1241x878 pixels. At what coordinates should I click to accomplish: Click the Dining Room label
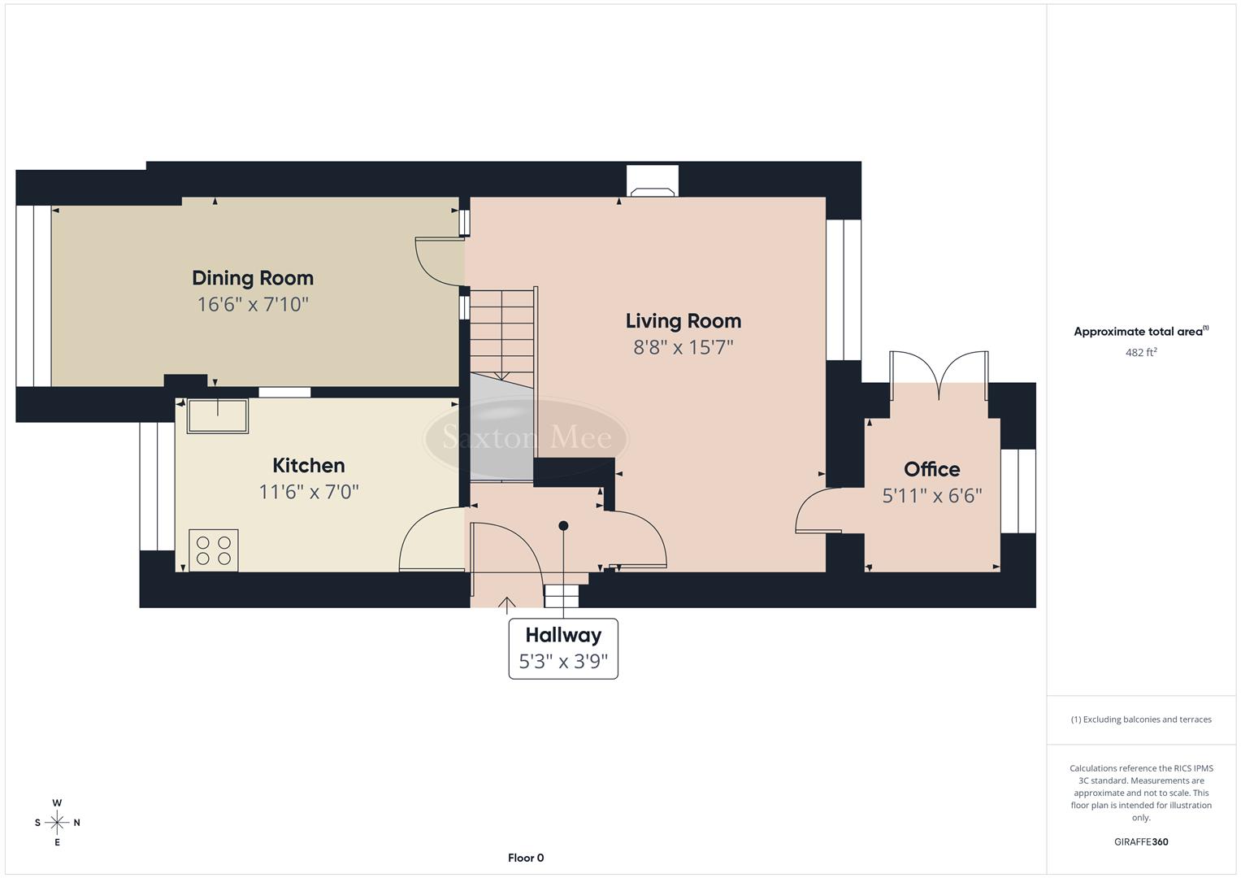tap(252, 278)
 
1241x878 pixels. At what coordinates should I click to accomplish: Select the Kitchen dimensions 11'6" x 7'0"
tap(309, 492)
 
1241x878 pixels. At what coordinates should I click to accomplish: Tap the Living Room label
tap(683, 321)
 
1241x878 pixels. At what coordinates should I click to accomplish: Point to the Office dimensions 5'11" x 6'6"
tap(932, 495)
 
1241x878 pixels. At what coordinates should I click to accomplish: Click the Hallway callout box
tap(563, 648)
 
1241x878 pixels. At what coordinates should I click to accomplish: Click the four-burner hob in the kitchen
tap(214, 550)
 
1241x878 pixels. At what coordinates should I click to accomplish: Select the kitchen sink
tap(218, 415)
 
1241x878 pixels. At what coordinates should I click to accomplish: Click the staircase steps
tap(502, 333)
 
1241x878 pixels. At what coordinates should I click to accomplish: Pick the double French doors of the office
tap(939, 375)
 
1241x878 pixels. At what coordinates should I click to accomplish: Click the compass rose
tap(57, 823)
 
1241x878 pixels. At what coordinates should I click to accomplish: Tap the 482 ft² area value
tap(1140, 353)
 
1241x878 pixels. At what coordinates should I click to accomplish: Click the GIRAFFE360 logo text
tap(1140, 841)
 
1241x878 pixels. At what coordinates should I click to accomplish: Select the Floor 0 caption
tap(526, 858)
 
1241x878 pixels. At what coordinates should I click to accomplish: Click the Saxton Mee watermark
tap(526, 438)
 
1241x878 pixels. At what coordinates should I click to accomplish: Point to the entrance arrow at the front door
tap(507, 602)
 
